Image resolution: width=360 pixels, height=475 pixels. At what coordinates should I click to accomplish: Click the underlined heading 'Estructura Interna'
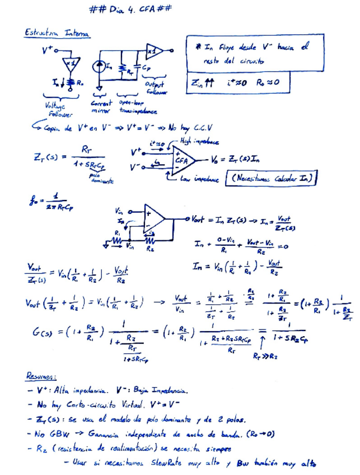[56, 34]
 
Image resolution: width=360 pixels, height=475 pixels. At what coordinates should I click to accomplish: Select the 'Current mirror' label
[101, 106]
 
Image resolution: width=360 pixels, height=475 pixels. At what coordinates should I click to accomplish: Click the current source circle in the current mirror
[101, 67]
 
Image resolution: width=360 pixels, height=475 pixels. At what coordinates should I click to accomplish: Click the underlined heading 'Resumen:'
[41, 375]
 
